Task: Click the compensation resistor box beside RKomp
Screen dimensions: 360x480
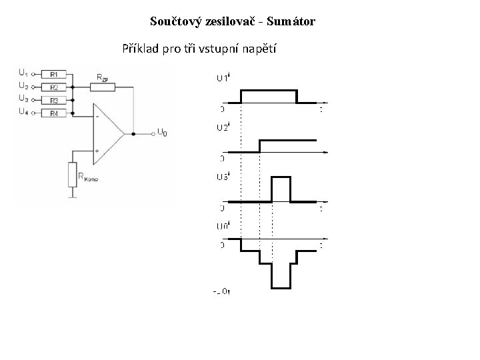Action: click(x=72, y=175)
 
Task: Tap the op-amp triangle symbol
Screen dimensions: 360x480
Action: click(x=107, y=133)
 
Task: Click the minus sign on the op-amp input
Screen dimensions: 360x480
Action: click(x=97, y=117)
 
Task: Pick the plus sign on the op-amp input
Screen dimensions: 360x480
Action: click(x=97, y=151)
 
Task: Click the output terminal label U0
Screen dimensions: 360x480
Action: click(x=163, y=133)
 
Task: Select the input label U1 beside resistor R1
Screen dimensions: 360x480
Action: click(x=23, y=72)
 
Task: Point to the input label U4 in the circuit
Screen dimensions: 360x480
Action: click(x=23, y=112)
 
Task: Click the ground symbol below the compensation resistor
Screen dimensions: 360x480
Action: click(x=72, y=196)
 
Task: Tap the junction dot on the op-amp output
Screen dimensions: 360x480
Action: click(x=133, y=133)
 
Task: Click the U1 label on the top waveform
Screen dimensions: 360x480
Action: click(x=222, y=78)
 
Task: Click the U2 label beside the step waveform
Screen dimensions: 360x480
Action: click(x=222, y=127)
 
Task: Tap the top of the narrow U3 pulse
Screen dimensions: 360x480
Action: click(x=281, y=178)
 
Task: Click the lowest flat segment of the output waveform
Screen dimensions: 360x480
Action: click(x=281, y=287)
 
